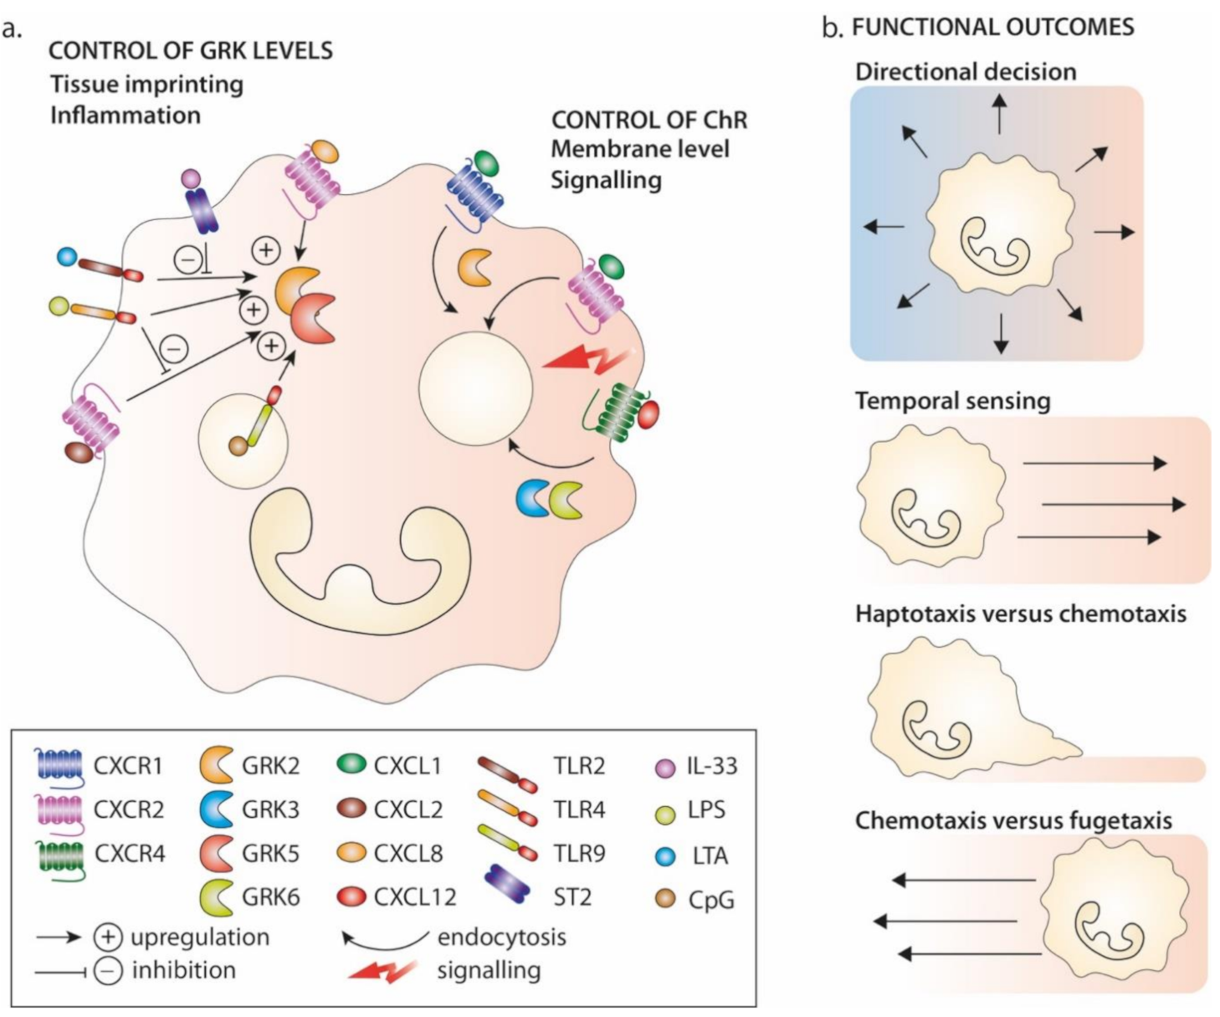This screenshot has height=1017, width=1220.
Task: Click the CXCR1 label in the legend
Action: click(x=128, y=766)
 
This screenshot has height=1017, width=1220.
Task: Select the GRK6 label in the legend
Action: click(x=270, y=897)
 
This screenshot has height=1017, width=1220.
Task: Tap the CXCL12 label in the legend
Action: click(x=415, y=897)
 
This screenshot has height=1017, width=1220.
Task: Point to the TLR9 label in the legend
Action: click(x=579, y=854)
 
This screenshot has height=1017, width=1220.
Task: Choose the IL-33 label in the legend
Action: click(x=712, y=766)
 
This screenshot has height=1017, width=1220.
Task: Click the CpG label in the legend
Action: click(x=711, y=900)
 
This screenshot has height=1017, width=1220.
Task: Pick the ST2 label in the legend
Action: click(x=572, y=897)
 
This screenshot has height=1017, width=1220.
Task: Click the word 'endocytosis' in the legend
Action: click(x=501, y=937)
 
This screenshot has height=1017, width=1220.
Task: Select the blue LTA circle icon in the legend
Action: click(x=666, y=856)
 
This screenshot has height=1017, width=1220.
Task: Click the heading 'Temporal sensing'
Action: click(x=952, y=401)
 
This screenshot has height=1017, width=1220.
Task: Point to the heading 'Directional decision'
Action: click(x=966, y=72)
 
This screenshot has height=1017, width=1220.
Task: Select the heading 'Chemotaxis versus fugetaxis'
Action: click(x=1013, y=820)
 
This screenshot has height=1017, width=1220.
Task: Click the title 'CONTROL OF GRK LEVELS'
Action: click(x=191, y=51)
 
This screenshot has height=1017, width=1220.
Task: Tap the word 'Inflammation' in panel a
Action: click(x=126, y=115)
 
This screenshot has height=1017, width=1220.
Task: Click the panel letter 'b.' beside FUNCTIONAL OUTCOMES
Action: click(x=833, y=28)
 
